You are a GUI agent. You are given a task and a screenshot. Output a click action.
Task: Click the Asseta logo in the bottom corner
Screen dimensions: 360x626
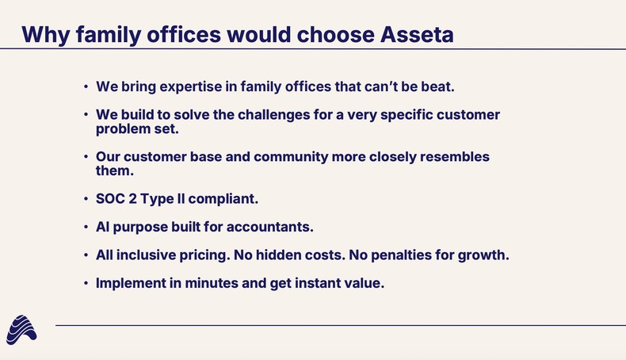point(21,327)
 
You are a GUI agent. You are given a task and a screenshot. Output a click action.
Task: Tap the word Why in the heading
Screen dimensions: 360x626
point(44,35)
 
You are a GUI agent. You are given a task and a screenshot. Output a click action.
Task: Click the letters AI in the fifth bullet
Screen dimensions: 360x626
point(103,227)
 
